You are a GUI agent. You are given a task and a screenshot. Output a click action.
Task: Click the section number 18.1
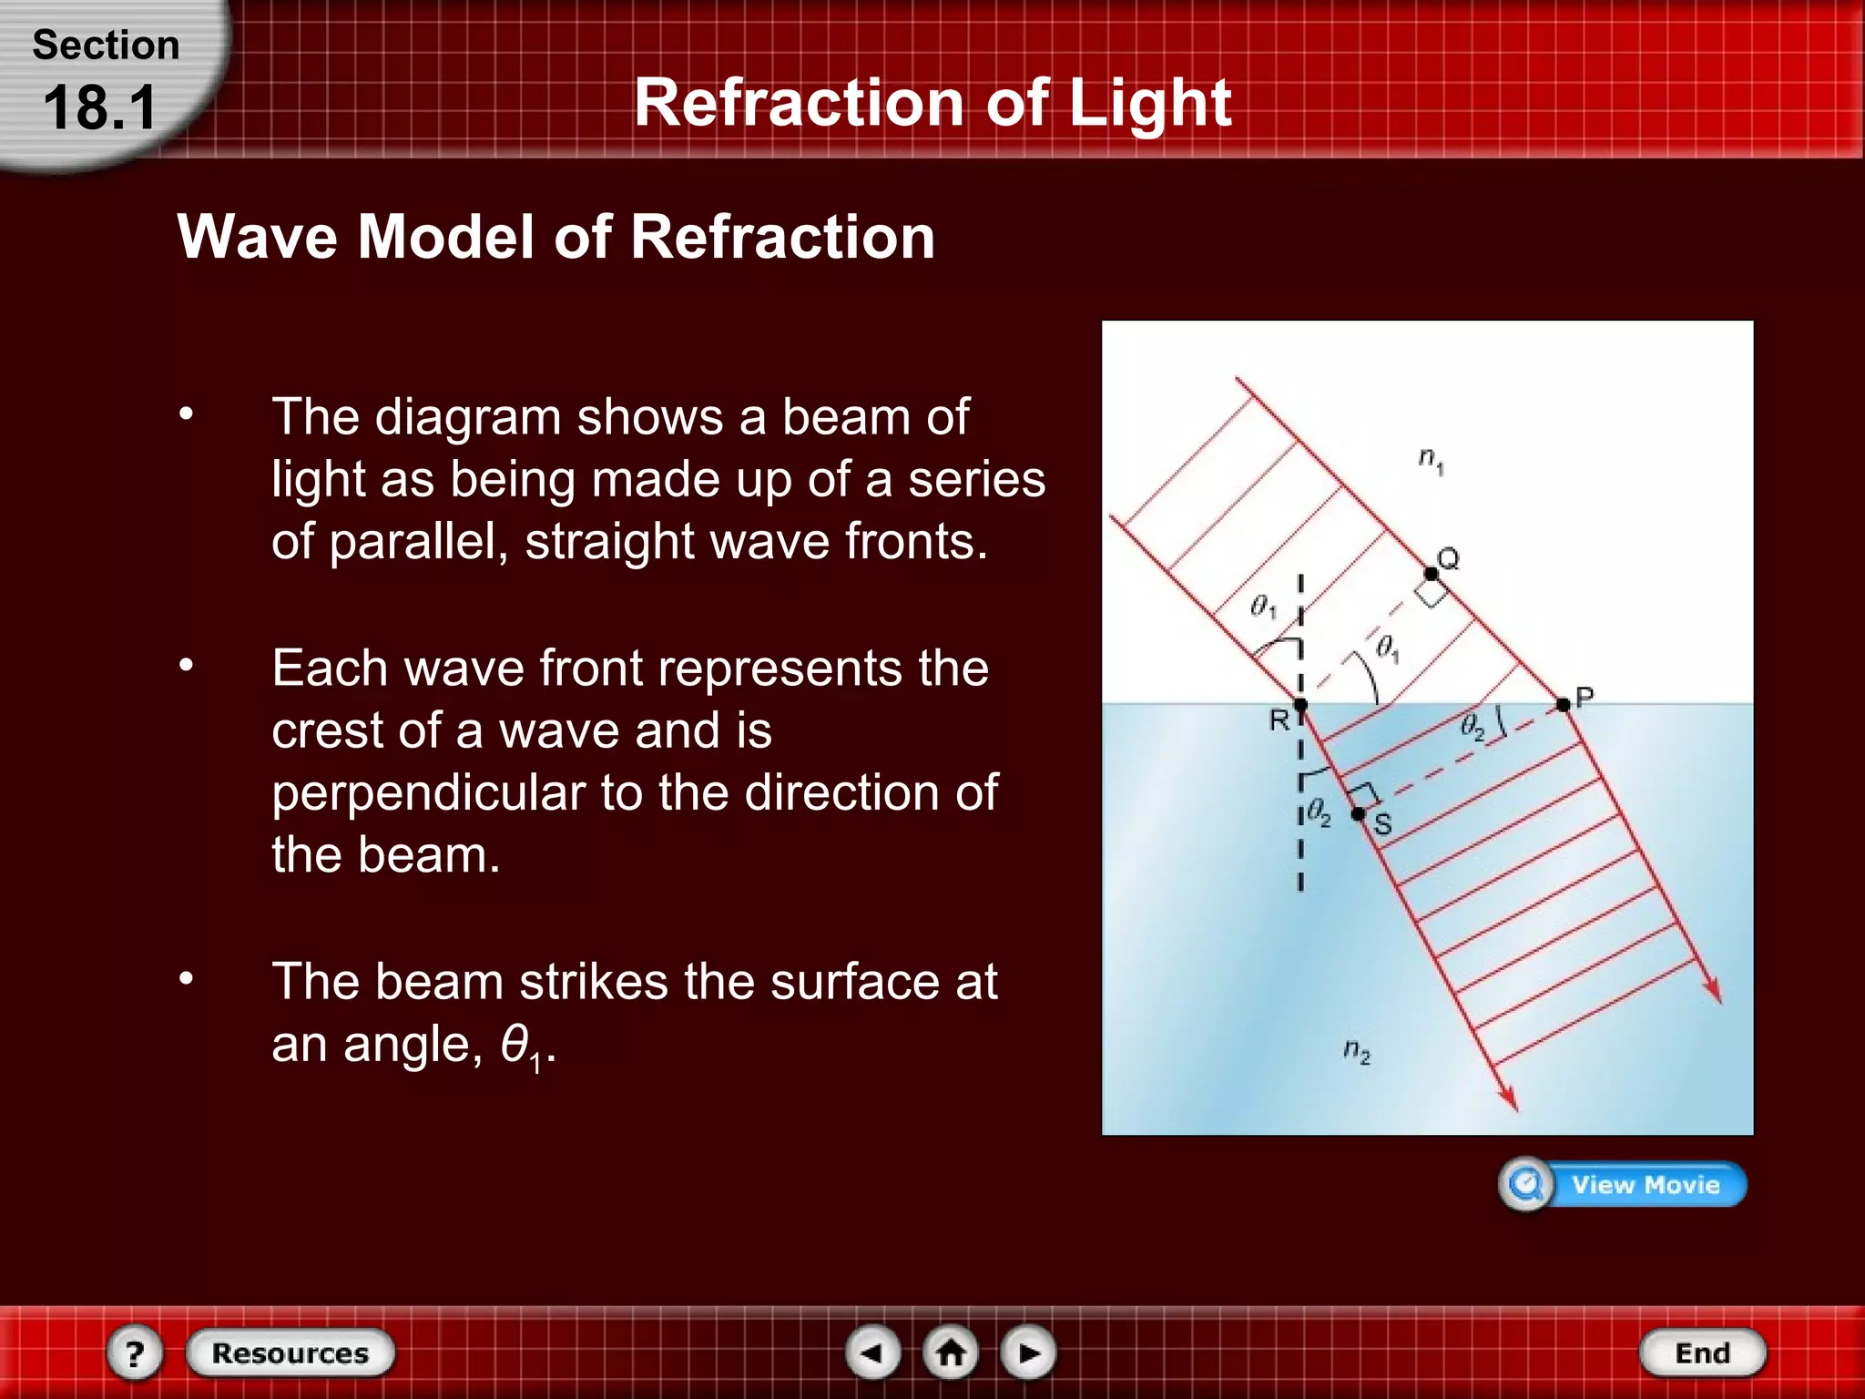[x=100, y=107]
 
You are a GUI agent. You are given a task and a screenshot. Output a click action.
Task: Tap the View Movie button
[x=1623, y=1184]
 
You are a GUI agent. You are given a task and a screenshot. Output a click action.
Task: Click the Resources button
[x=290, y=1353]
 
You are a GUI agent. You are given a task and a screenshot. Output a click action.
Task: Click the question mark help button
[x=135, y=1353]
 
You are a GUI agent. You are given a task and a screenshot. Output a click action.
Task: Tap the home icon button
[x=951, y=1353]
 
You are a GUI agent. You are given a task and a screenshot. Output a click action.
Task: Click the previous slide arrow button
[x=872, y=1353]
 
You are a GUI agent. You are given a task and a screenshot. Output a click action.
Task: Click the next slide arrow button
[x=1029, y=1353]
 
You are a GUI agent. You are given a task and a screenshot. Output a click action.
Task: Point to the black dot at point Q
[x=1431, y=574]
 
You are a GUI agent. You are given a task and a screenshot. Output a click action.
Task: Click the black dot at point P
[x=1563, y=704]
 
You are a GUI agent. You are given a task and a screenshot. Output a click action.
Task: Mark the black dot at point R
[x=1300, y=704]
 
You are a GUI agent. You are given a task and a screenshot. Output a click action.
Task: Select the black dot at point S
[x=1358, y=813]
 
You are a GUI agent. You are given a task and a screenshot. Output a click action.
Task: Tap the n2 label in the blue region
[x=1356, y=1051]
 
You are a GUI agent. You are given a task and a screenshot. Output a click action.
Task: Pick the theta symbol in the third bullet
[x=515, y=1043]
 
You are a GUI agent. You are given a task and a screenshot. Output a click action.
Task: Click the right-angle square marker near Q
[x=1431, y=594]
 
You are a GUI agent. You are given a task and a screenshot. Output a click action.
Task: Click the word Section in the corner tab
[x=106, y=46]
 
